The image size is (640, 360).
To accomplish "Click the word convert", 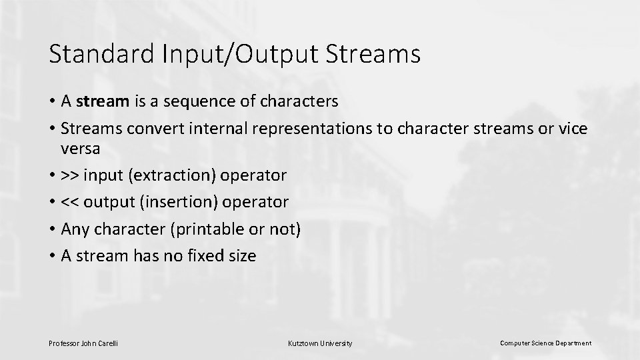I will tap(158, 129).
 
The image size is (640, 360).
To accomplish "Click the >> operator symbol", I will tap(69, 176).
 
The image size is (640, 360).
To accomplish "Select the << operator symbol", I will tap(69, 202).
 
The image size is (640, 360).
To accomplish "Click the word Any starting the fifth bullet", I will tap(74, 229).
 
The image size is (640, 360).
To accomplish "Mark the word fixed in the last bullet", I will tap(205, 256).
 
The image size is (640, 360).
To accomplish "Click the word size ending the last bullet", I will tap(242, 256).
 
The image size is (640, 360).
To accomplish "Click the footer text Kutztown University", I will tap(320, 343).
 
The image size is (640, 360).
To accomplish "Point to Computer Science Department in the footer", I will tap(545, 343).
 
